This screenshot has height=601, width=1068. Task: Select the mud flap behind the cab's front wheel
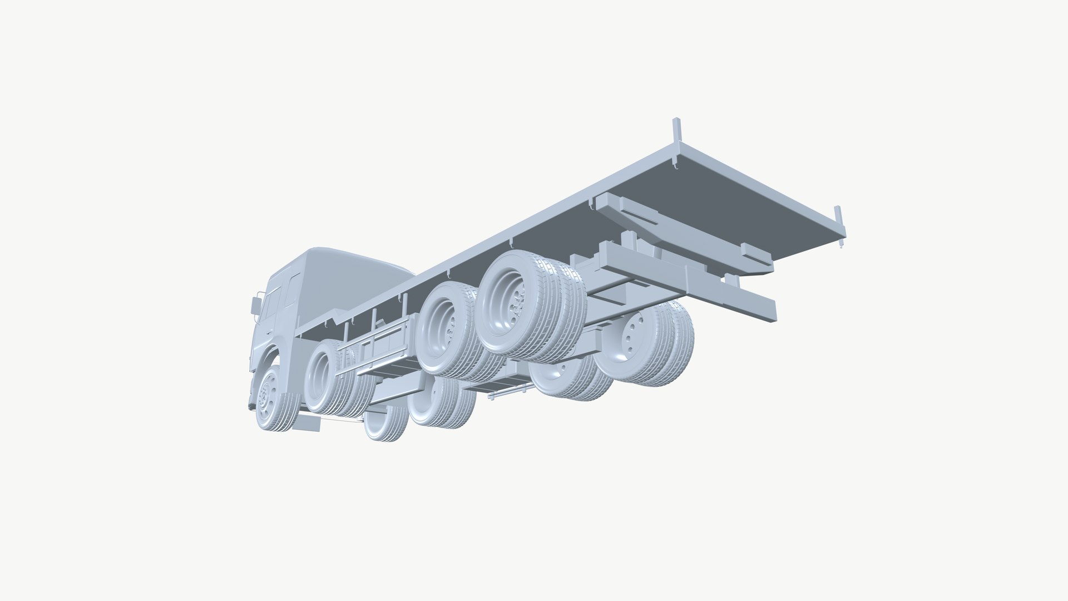tap(308, 422)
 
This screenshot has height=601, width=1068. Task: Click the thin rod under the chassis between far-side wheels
tap(507, 392)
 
